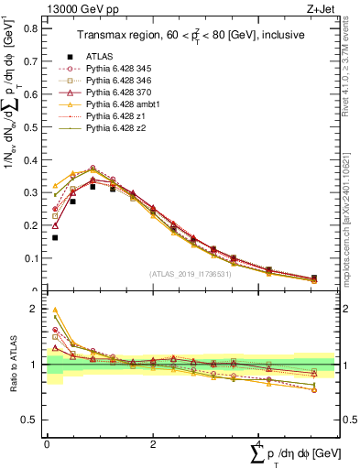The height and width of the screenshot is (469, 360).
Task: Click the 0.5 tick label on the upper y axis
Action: (x=32, y=126)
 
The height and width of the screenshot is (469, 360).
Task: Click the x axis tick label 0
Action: (x=47, y=443)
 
